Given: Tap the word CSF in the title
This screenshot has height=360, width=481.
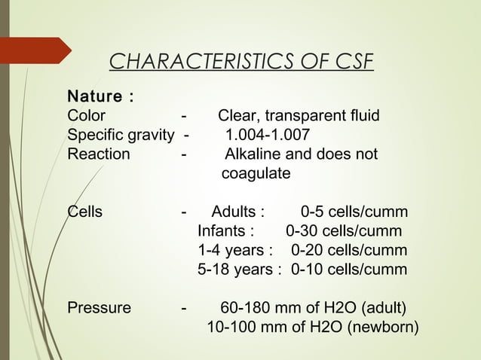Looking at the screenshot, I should (351, 61).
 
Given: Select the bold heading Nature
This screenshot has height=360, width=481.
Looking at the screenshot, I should (98, 97).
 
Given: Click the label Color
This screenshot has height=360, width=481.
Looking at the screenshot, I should (86, 116).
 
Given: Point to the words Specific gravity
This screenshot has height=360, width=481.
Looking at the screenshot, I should (121, 136).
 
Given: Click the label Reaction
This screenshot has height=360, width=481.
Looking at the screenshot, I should (98, 154).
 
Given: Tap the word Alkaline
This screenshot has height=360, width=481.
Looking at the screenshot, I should (257, 154).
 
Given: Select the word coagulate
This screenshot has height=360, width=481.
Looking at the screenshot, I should (256, 174).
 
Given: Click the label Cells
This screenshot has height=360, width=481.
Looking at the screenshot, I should (84, 212).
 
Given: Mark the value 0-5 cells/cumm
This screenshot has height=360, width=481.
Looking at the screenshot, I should (354, 212).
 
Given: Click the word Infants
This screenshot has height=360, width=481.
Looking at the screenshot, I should (225, 231).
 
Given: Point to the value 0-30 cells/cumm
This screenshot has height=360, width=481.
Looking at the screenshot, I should (344, 231).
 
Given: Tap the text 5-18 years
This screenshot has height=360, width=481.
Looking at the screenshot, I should (239, 270).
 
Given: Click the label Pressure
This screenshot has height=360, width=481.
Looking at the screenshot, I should (99, 308).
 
